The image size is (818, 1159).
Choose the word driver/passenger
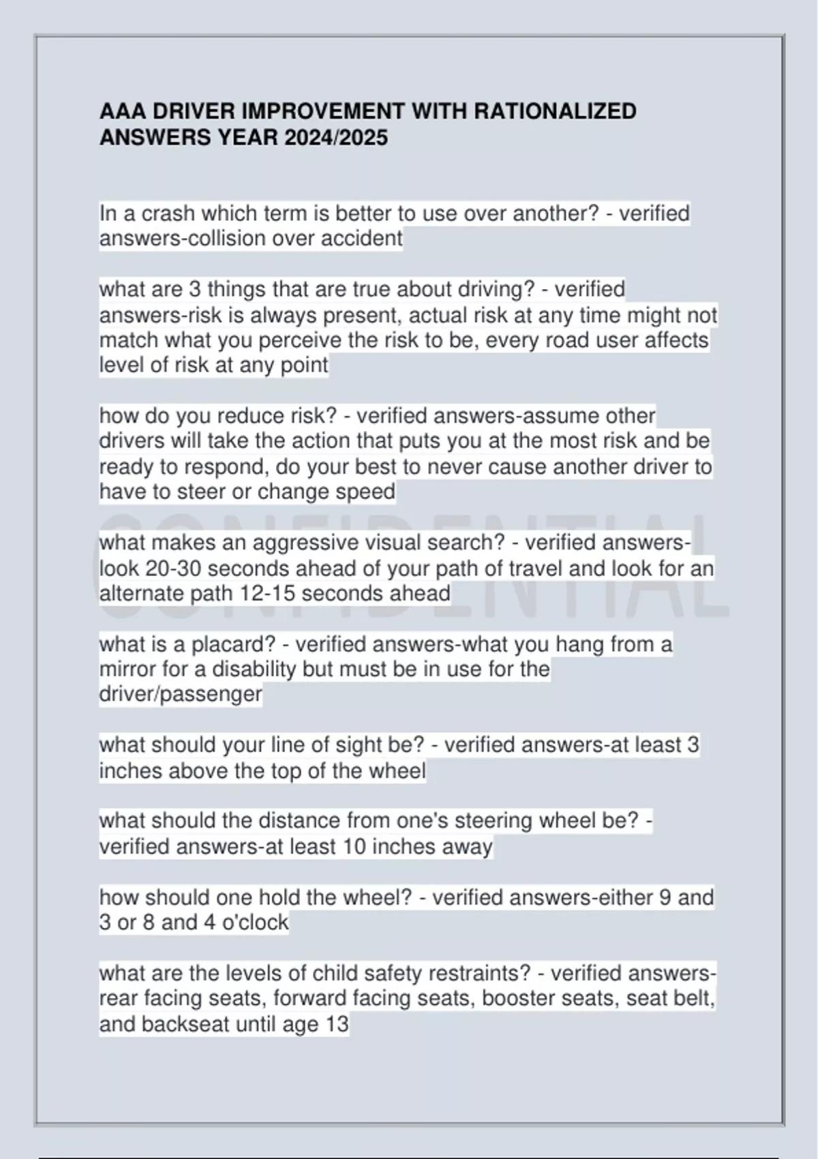click(181, 694)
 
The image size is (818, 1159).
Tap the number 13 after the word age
click(337, 1024)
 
